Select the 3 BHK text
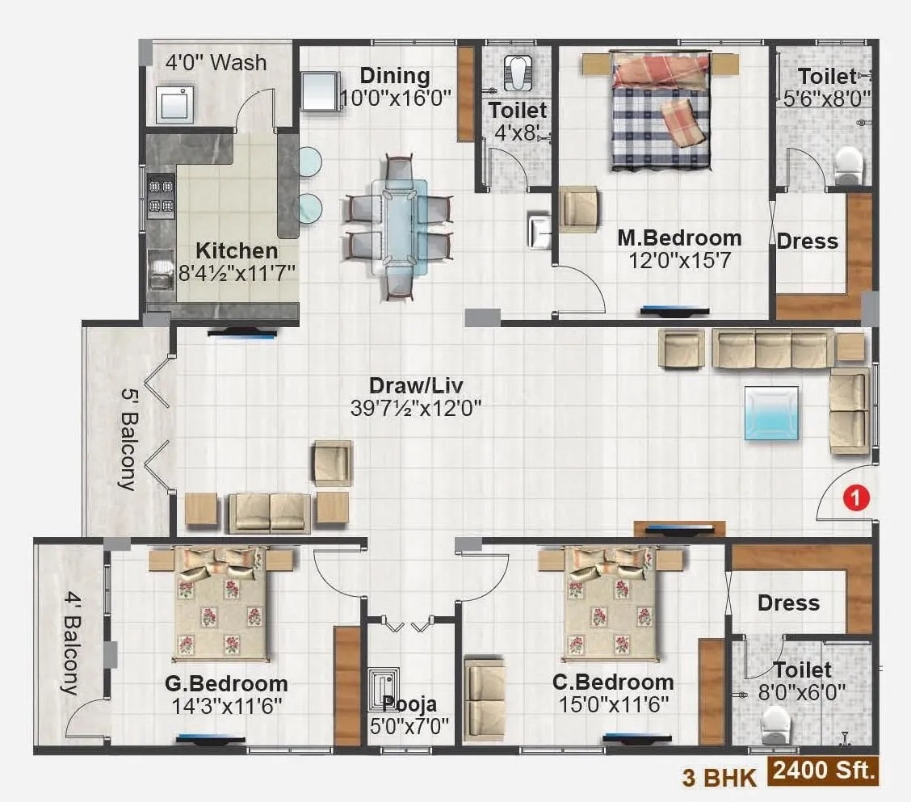720,777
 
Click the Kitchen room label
237,250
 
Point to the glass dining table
399,227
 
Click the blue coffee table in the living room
771,413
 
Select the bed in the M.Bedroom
661,111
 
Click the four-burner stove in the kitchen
162,197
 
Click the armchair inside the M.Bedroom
578,209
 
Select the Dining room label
394,76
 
